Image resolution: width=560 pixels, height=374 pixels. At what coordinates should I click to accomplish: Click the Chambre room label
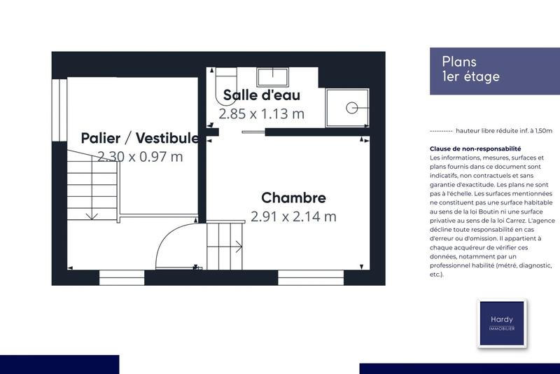293,198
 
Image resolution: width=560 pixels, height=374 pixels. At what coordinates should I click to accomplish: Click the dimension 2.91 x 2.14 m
293,216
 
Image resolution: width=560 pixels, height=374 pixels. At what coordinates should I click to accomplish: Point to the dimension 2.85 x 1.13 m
261,113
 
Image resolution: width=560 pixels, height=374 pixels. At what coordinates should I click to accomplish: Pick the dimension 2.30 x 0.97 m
140,156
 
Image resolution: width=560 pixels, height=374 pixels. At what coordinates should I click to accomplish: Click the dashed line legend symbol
439,131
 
